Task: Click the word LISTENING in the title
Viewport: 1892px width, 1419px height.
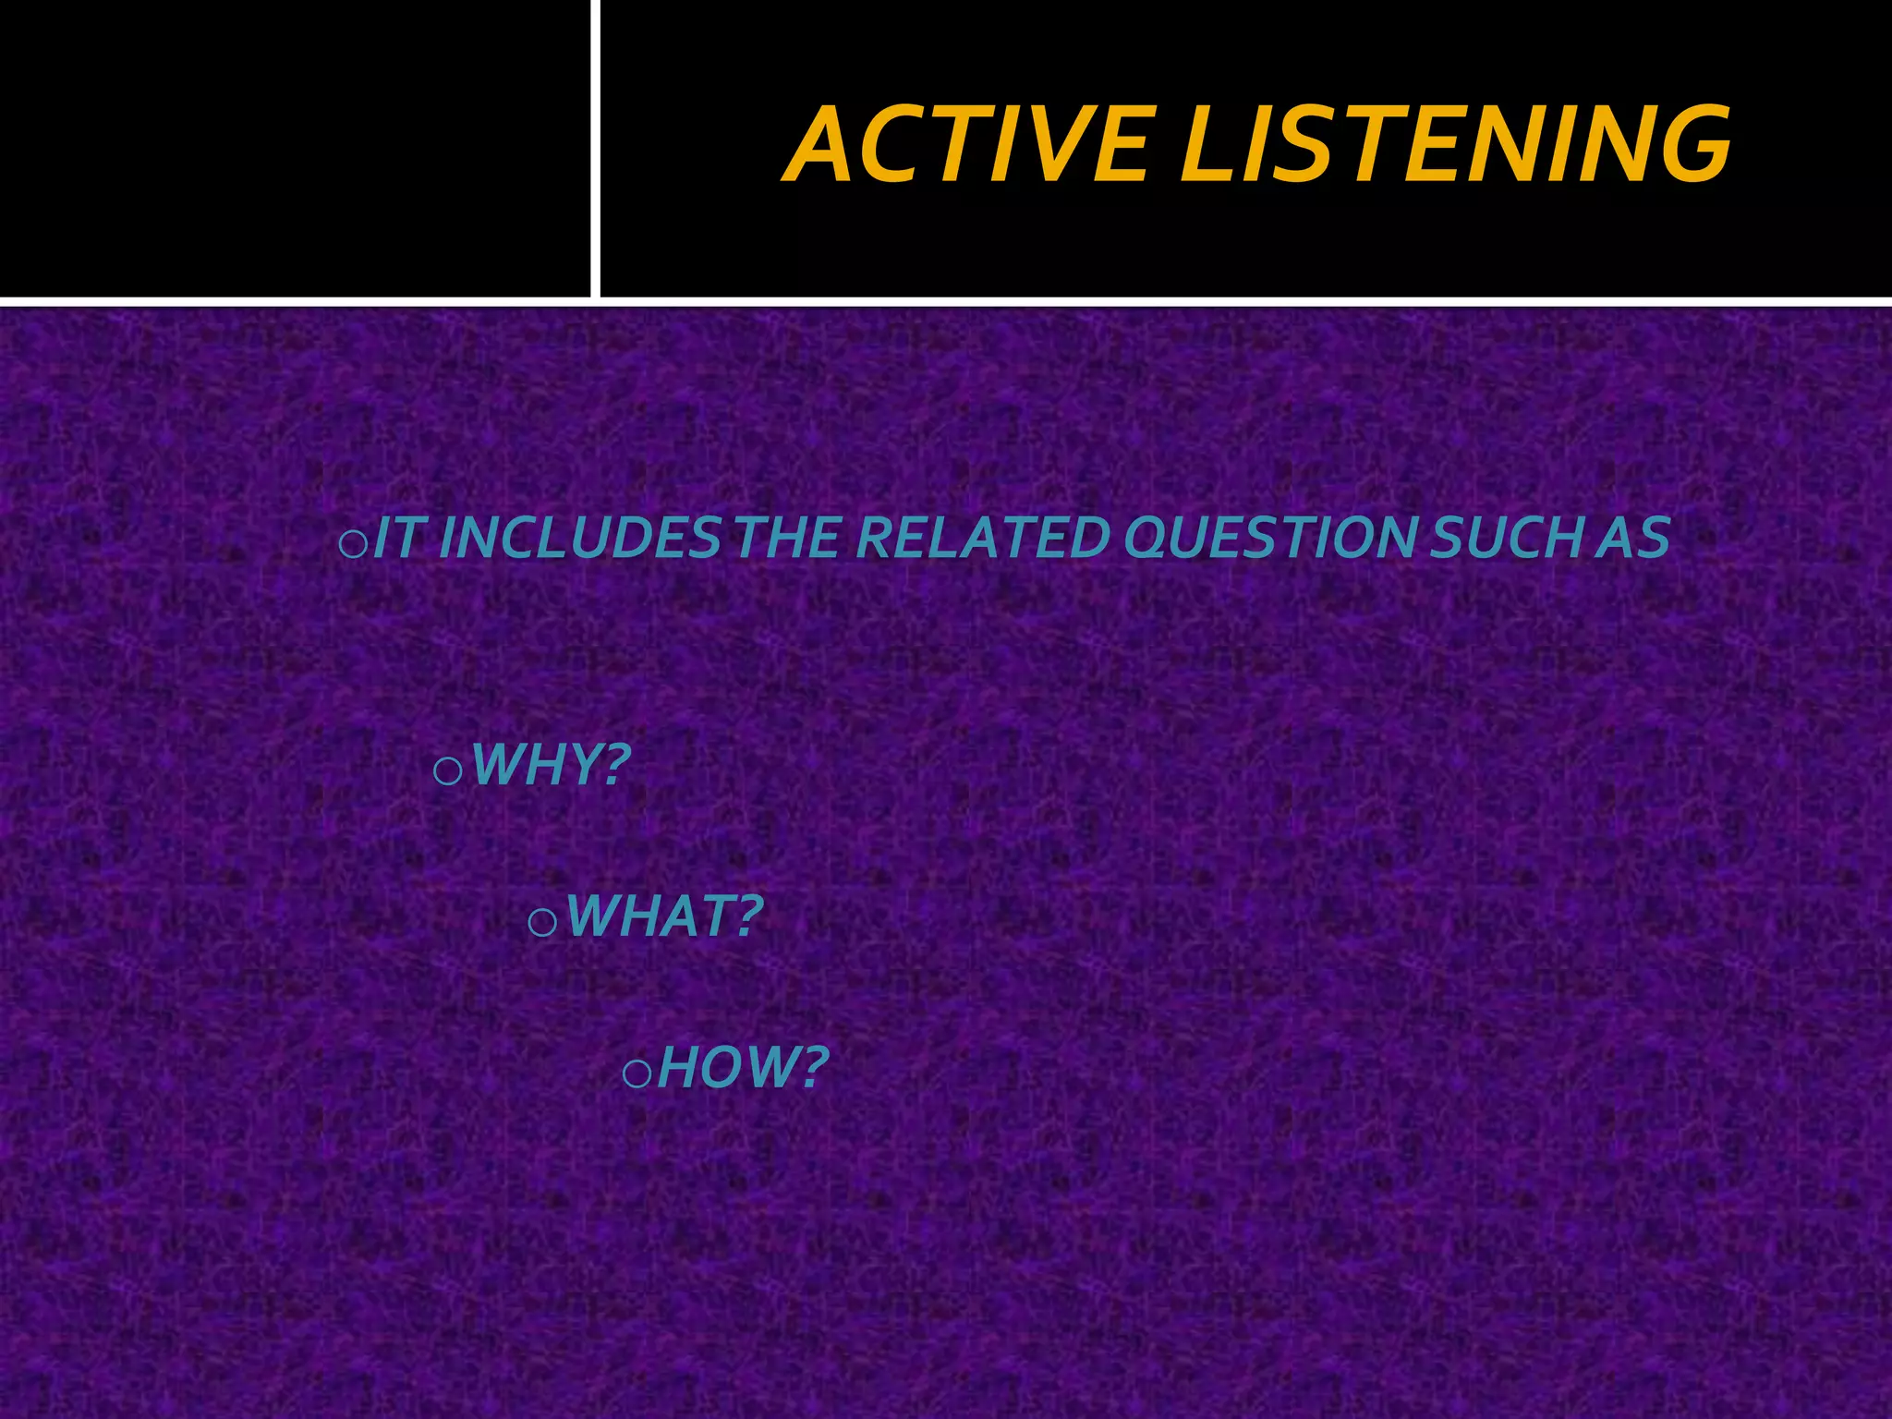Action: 1454,145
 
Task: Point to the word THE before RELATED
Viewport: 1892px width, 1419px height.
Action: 785,538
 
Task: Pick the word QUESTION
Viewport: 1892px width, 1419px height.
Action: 1266,538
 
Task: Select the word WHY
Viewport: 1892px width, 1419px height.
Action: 536,765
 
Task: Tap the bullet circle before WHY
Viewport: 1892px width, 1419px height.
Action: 447,771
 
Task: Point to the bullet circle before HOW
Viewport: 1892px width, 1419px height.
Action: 637,1073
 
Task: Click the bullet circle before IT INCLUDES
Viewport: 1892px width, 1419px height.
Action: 353,545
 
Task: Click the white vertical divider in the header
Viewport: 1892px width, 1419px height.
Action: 595,148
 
